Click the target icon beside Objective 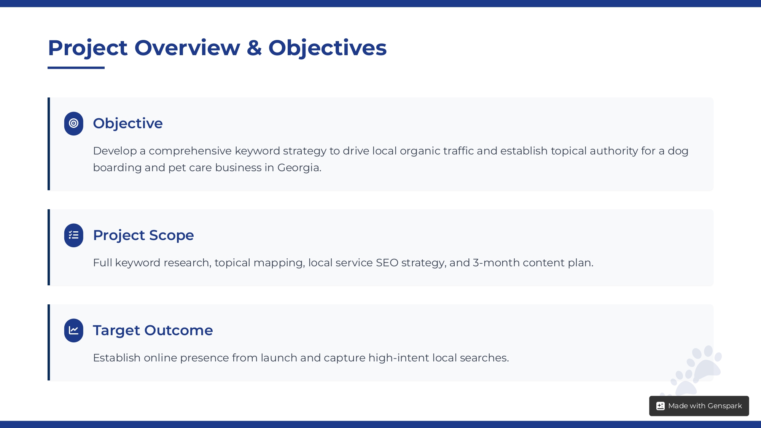(x=73, y=123)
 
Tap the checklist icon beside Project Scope (x=73, y=235)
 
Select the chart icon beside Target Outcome (x=73, y=330)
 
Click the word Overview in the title (x=187, y=48)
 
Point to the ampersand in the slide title (x=254, y=48)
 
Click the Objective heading (x=128, y=123)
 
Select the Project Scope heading (x=143, y=235)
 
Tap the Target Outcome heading (x=153, y=330)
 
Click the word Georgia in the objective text (x=299, y=168)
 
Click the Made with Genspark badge (x=699, y=406)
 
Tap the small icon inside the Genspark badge (x=661, y=406)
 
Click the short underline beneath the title (x=76, y=68)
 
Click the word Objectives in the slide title (x=328, y=48)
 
